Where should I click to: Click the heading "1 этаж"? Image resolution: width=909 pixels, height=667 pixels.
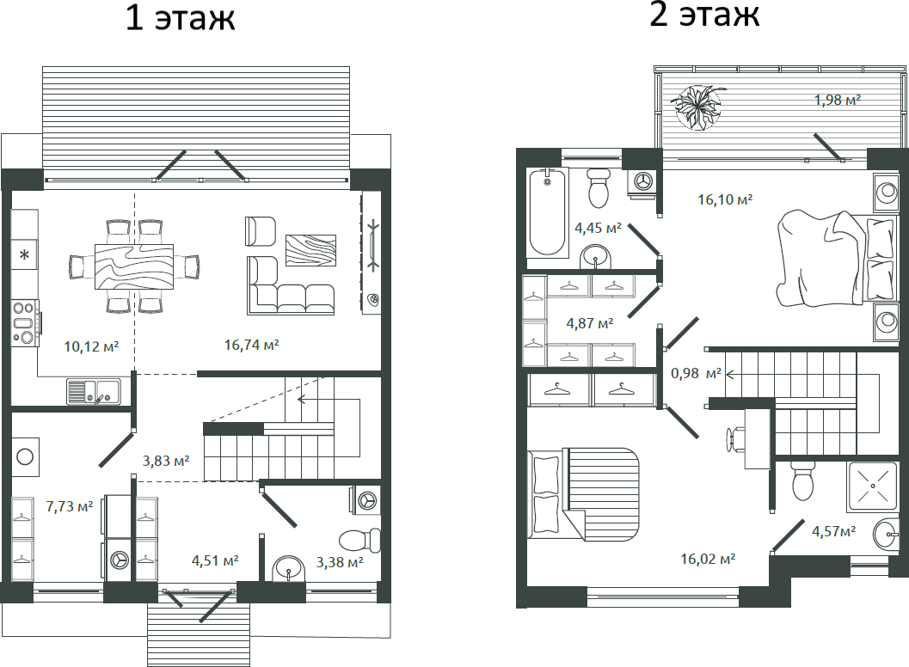(x=180, y=18)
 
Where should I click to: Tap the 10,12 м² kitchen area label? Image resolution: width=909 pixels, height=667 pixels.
(x=91, y=346)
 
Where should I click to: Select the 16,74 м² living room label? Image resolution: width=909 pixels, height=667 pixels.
(x=252, y=345)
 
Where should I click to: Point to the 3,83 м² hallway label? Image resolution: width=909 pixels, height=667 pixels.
(x=166, y=460)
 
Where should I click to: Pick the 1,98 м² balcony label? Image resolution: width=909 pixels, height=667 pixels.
(x=838, y=101)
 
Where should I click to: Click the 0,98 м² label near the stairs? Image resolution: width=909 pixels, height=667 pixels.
(x=695, y=373)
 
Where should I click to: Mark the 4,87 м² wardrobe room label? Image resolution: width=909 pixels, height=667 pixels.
(x=589, y=323)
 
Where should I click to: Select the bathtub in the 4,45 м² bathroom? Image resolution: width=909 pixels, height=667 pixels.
(x=548, y=211)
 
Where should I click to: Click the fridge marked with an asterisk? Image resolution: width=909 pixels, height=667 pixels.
(x=25, y=254)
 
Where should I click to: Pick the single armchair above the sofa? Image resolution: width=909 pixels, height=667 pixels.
(x=260, y=230)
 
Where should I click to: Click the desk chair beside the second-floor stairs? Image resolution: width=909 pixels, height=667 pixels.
(x=734, y=438)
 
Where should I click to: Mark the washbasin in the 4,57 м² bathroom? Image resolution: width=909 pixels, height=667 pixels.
(x=886, y=535)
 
